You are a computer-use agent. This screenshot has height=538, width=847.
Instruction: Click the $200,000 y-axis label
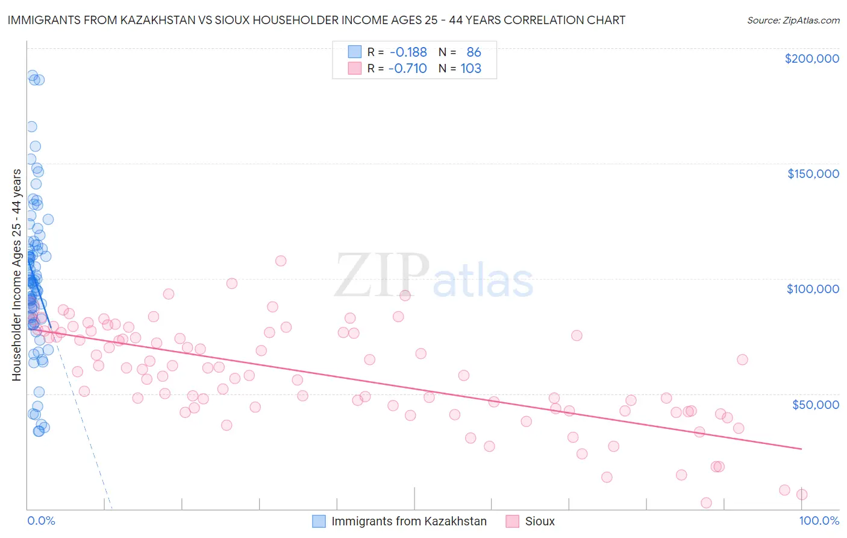click(811, 59)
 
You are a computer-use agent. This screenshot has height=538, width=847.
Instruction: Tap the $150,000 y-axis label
click(813, 174)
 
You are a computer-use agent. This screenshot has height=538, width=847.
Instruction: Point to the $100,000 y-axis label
click(813, 289)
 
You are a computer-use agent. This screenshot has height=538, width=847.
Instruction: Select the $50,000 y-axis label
click(815, 404)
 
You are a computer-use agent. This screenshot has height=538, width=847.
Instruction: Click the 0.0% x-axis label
click(41, 521)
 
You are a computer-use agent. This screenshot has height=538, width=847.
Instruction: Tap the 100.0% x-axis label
click(819, 521)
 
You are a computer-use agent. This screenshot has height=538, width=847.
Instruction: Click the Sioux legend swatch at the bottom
click(512, 521)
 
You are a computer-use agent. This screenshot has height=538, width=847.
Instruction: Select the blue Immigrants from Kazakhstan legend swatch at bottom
click(319, 521)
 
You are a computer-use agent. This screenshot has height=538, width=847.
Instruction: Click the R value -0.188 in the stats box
click(408, 52)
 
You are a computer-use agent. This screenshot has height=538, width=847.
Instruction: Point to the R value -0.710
click(407, 69)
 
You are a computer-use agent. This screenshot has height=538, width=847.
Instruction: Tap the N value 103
click(470, 69)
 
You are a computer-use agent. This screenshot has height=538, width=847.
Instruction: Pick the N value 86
click(474, 52)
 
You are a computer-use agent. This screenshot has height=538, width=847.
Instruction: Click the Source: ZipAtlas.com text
click(793, 21)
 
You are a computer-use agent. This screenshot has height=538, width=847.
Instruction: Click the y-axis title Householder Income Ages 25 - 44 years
click(17, 275)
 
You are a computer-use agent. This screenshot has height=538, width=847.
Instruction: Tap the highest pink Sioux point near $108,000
click(281, 261)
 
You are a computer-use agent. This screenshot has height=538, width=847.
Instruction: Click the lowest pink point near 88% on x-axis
click(706, 503)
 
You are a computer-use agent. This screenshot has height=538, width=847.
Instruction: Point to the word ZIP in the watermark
click(381, 276)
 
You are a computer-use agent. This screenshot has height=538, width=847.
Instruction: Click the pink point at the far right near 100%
click(802, 495)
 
